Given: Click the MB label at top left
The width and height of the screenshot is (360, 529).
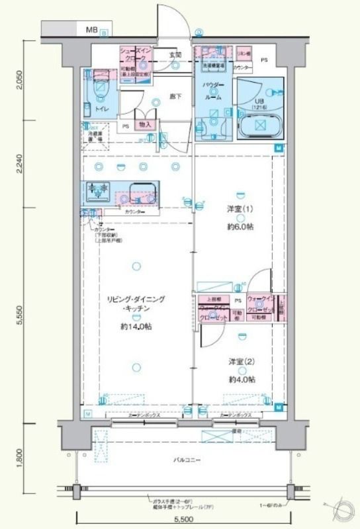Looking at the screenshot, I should click(x=91, y=30).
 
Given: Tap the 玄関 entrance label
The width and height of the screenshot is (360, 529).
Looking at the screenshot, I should click(x=175, y=55).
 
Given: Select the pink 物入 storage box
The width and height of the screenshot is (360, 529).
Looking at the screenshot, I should click(x=146, y=124).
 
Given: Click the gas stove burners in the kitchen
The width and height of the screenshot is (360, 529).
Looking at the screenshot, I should click(x=97, y=192).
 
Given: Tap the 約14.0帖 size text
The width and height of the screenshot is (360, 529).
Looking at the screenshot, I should click(x=136, y=327).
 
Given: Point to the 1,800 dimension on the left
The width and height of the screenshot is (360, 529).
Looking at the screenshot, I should click(x=19, y=456).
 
